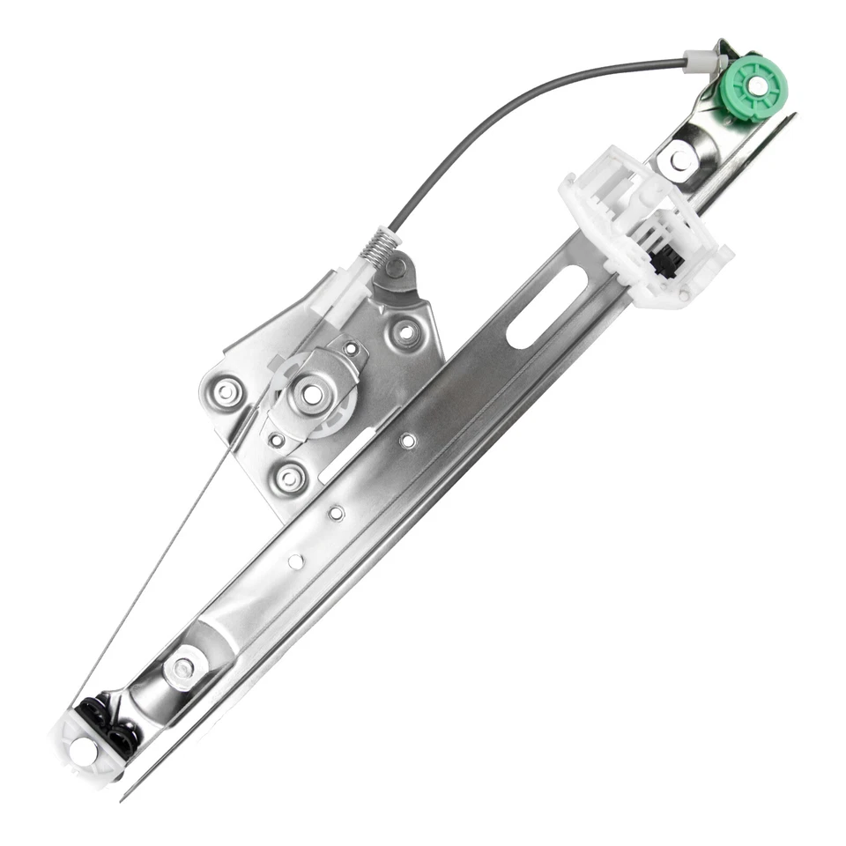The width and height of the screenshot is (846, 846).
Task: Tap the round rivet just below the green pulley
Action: (x=679, y=160)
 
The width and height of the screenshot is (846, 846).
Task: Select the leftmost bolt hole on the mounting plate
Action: (x=226, y=390)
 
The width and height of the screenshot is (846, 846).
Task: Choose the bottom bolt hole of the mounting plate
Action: (x=290, y=479)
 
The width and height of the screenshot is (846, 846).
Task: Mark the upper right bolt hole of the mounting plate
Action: (x=406, y=333)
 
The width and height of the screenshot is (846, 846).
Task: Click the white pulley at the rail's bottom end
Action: (x=84, y=752)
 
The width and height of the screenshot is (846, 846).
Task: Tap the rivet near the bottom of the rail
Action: (x=183, y=670)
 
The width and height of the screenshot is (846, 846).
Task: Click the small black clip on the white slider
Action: (x=665, y=261)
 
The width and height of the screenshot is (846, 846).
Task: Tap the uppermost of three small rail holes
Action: (x=407, y=440)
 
